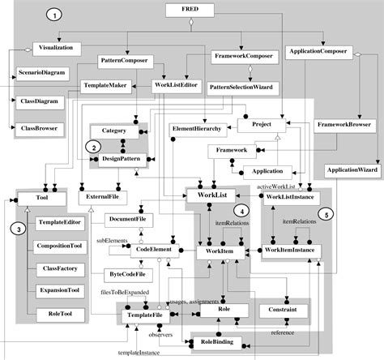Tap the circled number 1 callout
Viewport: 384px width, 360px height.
[x=53, y=15]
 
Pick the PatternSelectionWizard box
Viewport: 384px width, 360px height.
[x=240, y=86]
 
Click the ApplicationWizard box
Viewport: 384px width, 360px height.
[x=352, y=170]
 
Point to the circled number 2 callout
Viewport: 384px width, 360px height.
[x=95, y=147]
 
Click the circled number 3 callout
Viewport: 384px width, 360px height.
[x=19, y=229]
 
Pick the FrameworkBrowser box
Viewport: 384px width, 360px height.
[x=343, y=126]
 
